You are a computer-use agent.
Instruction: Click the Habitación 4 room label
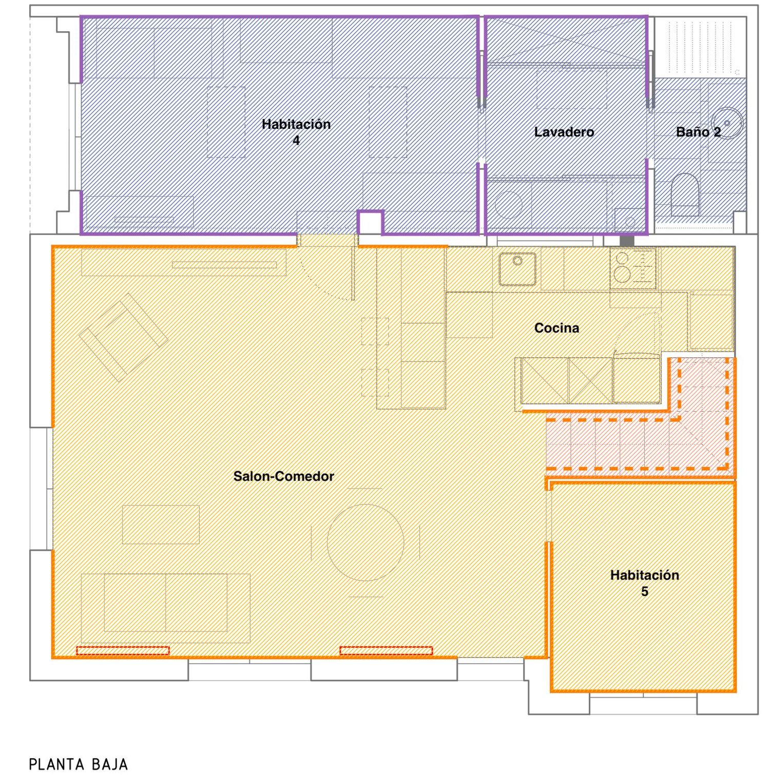click(296, 132)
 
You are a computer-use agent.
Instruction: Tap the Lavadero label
click(564, 132)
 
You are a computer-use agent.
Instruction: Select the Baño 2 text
click(698, 132)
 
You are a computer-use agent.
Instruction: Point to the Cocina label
click(556, 328)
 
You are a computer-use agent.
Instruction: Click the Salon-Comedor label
click(283, 476)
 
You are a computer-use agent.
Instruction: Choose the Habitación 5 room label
click(644, 583)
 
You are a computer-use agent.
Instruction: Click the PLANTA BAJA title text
click(78, 764)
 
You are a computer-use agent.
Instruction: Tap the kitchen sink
click(517, 269)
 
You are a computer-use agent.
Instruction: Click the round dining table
click(365, 542)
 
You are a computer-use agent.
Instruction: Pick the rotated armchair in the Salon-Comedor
click(123, 337)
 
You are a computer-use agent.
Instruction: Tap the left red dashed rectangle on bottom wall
click(123, 651)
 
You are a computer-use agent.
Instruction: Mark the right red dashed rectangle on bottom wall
click(386, 651)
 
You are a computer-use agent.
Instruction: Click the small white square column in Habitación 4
click(370, 223)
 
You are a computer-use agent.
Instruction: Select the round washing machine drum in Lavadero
click(509, 204)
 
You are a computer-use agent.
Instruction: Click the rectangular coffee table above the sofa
click(161, 525)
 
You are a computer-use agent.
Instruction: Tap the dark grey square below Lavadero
click(627, 240)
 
